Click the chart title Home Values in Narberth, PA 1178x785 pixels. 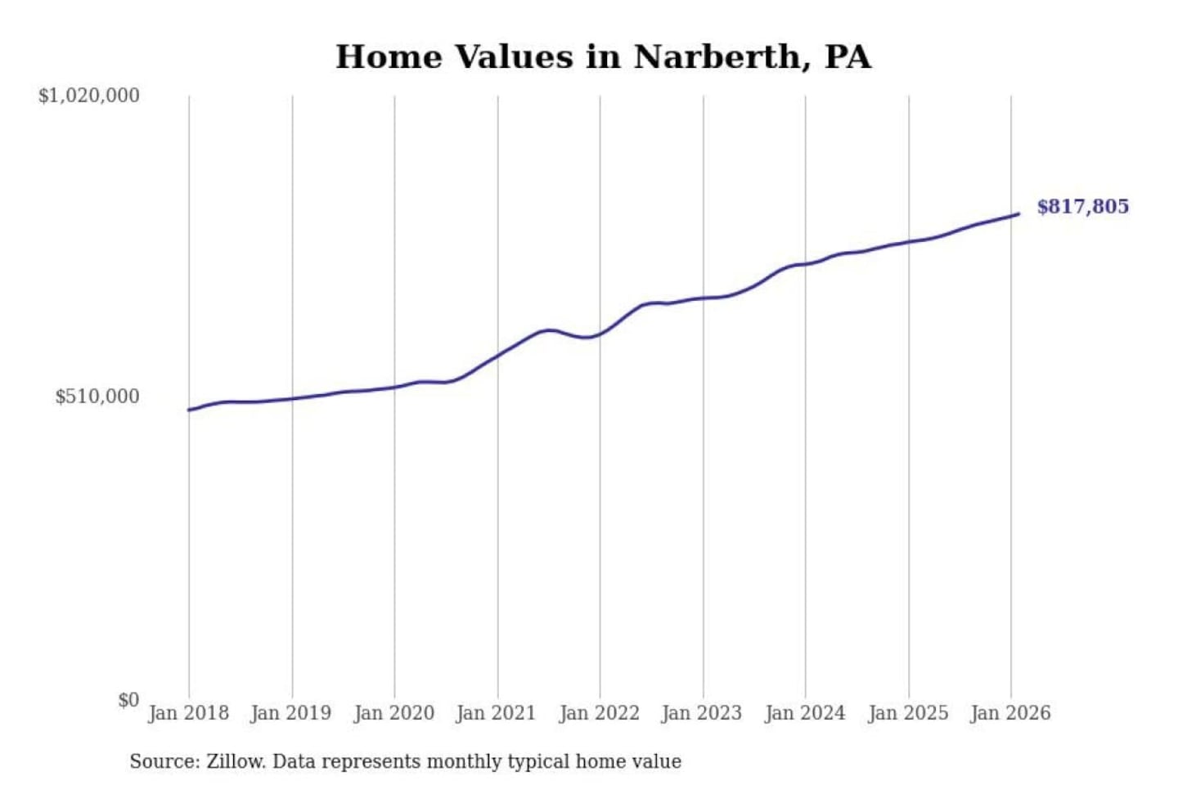(603, 56)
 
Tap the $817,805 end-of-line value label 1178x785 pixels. (1082, 206)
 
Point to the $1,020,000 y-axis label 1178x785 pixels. (89, 96)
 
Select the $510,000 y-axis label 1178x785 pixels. (97, 397)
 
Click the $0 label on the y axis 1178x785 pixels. (128, 700)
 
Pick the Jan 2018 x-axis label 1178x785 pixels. (188, 713)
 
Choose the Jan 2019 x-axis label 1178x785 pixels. (290, 713)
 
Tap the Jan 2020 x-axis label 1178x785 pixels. (393, 713)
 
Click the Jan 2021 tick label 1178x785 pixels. (496, 713)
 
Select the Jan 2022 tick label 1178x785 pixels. (599, 713)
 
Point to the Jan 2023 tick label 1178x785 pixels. (701, 713)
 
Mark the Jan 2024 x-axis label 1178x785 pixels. (804, 713)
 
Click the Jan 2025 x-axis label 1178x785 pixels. (907, 713)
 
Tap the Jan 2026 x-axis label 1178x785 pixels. (1009, 713)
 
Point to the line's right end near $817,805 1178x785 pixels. (1018, 214)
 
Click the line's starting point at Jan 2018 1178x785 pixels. (189, 410)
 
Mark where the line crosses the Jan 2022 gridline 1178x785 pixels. (600, 334)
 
